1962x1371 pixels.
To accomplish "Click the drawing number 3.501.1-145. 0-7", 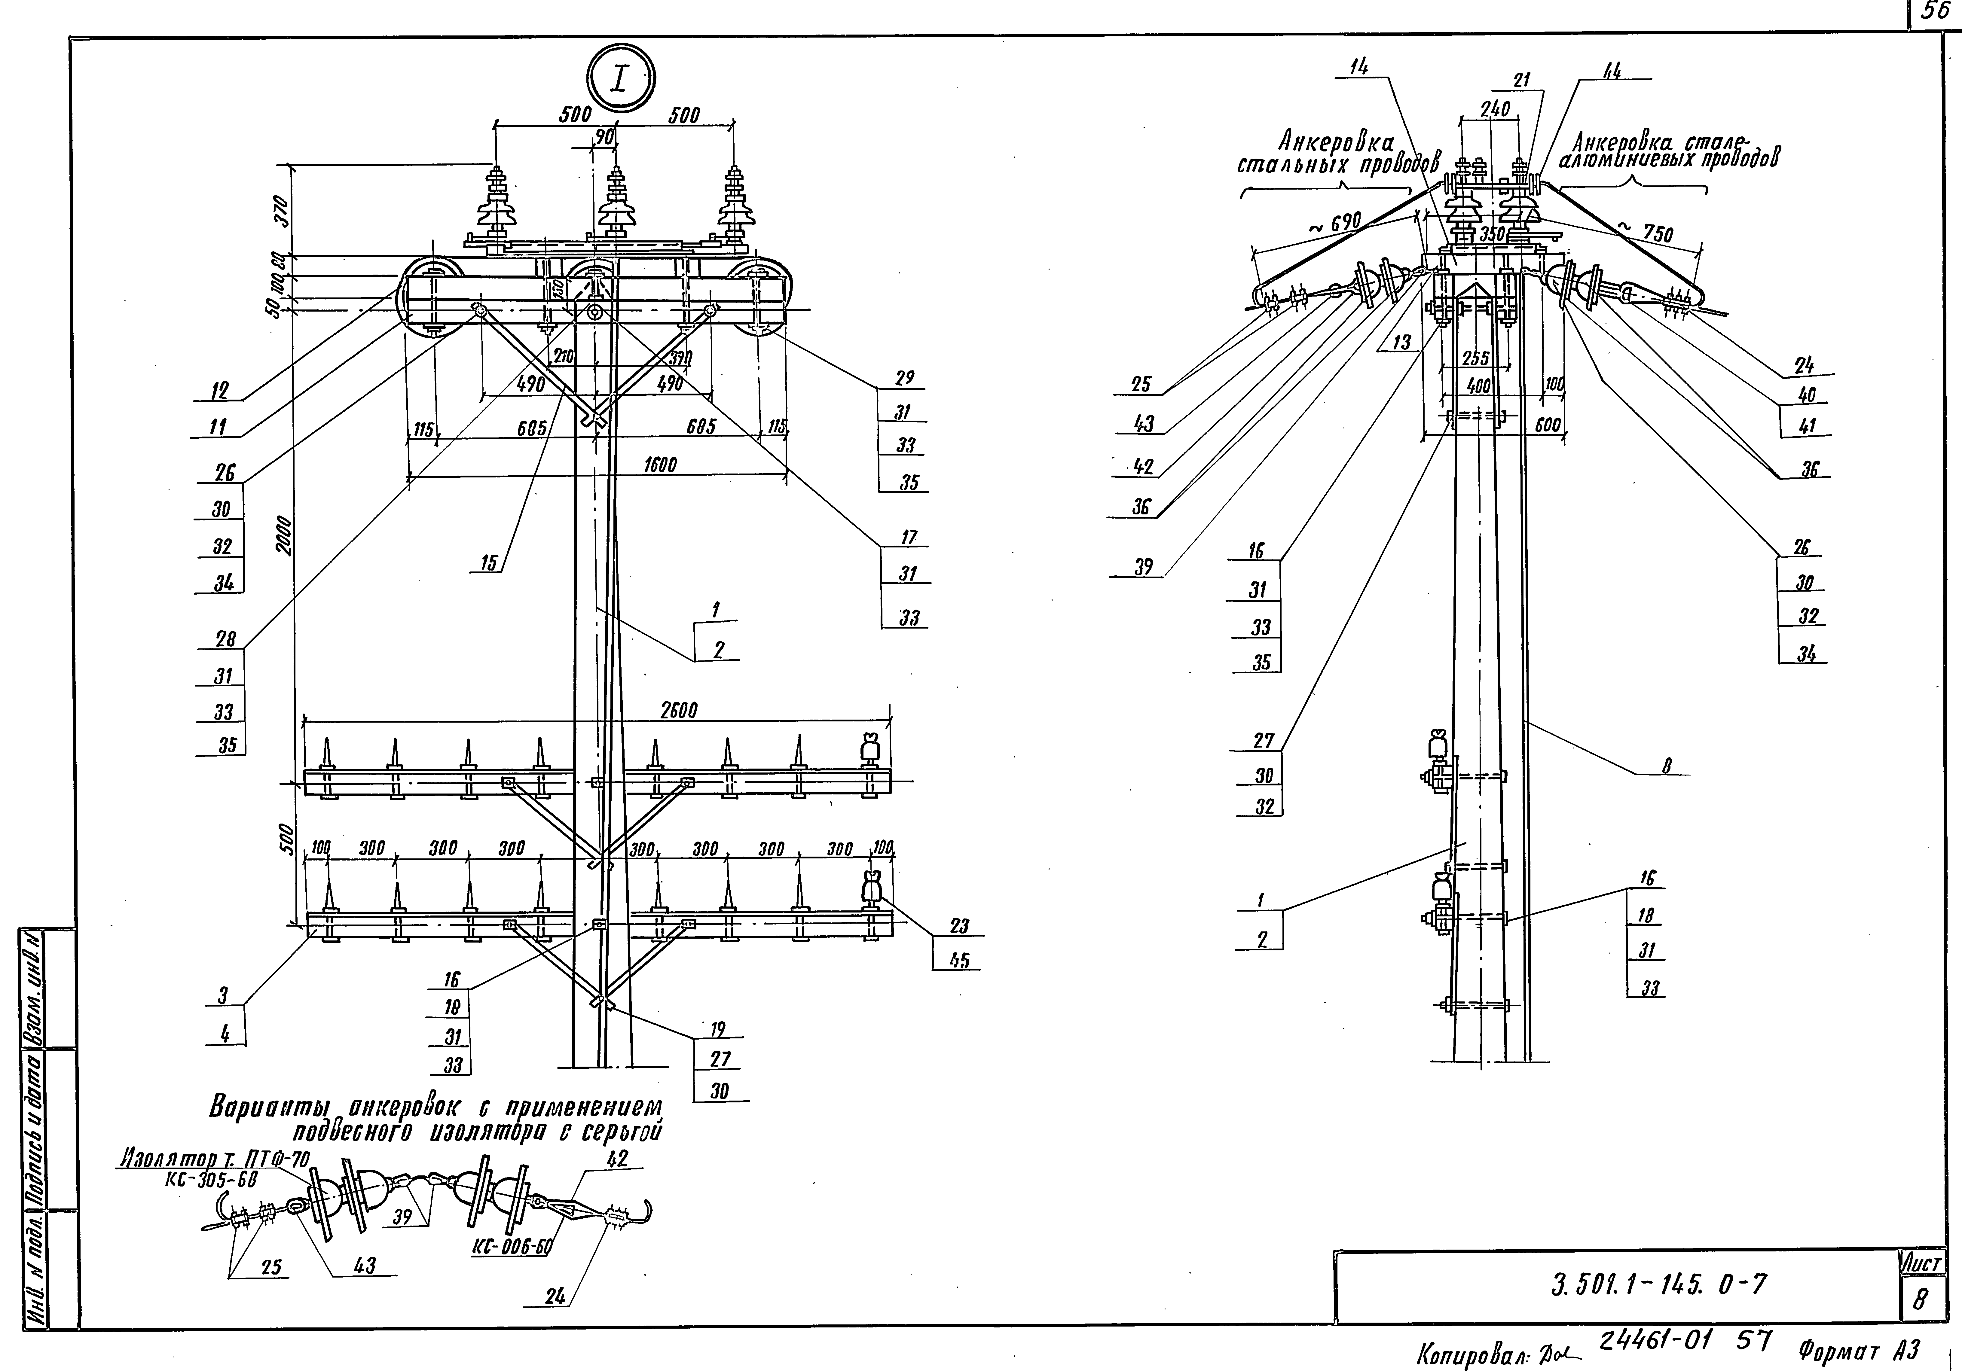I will tap(1658, 1284).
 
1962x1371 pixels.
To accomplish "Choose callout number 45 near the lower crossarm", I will tap(959, 960).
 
